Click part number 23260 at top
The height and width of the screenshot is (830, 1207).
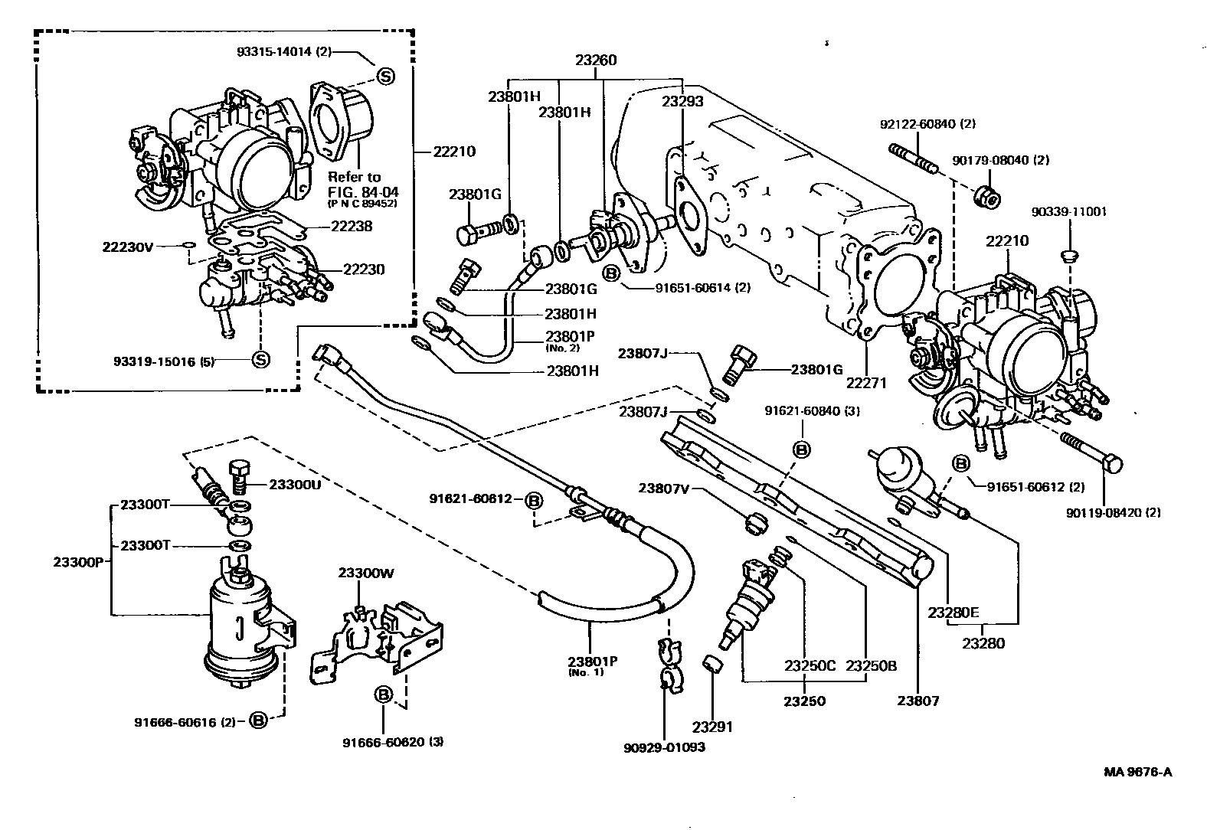(596, 60)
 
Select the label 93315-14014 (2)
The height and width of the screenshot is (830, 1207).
(284, 52)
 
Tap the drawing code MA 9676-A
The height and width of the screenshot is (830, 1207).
(1137, 771)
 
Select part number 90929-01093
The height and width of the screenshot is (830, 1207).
(664, 747)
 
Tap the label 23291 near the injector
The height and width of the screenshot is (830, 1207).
(712, 727)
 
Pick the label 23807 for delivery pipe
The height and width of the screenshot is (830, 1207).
(918, 701)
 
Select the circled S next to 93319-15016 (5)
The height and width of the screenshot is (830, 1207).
(260, 360)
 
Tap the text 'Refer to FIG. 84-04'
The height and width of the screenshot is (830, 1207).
(355, 184)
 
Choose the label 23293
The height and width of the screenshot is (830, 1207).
(682, 100)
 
